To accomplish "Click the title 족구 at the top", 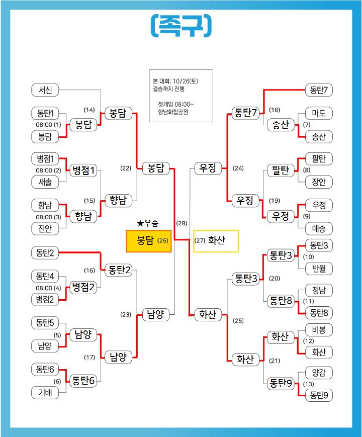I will pos(180,26).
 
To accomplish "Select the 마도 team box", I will pos(319,113).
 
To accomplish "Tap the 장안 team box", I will pos(319,183).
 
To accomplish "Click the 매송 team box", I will pos(319,229).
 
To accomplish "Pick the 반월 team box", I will pos(319,269).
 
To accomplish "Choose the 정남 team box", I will pos(319,290).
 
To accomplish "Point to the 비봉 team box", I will pos(319,330).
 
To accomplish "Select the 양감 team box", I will pos(319,373).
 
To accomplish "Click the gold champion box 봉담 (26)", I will pos(149,241).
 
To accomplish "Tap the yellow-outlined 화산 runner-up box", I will pos(216,241).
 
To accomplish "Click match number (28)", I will pos(181,223).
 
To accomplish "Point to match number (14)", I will pos(89,110).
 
